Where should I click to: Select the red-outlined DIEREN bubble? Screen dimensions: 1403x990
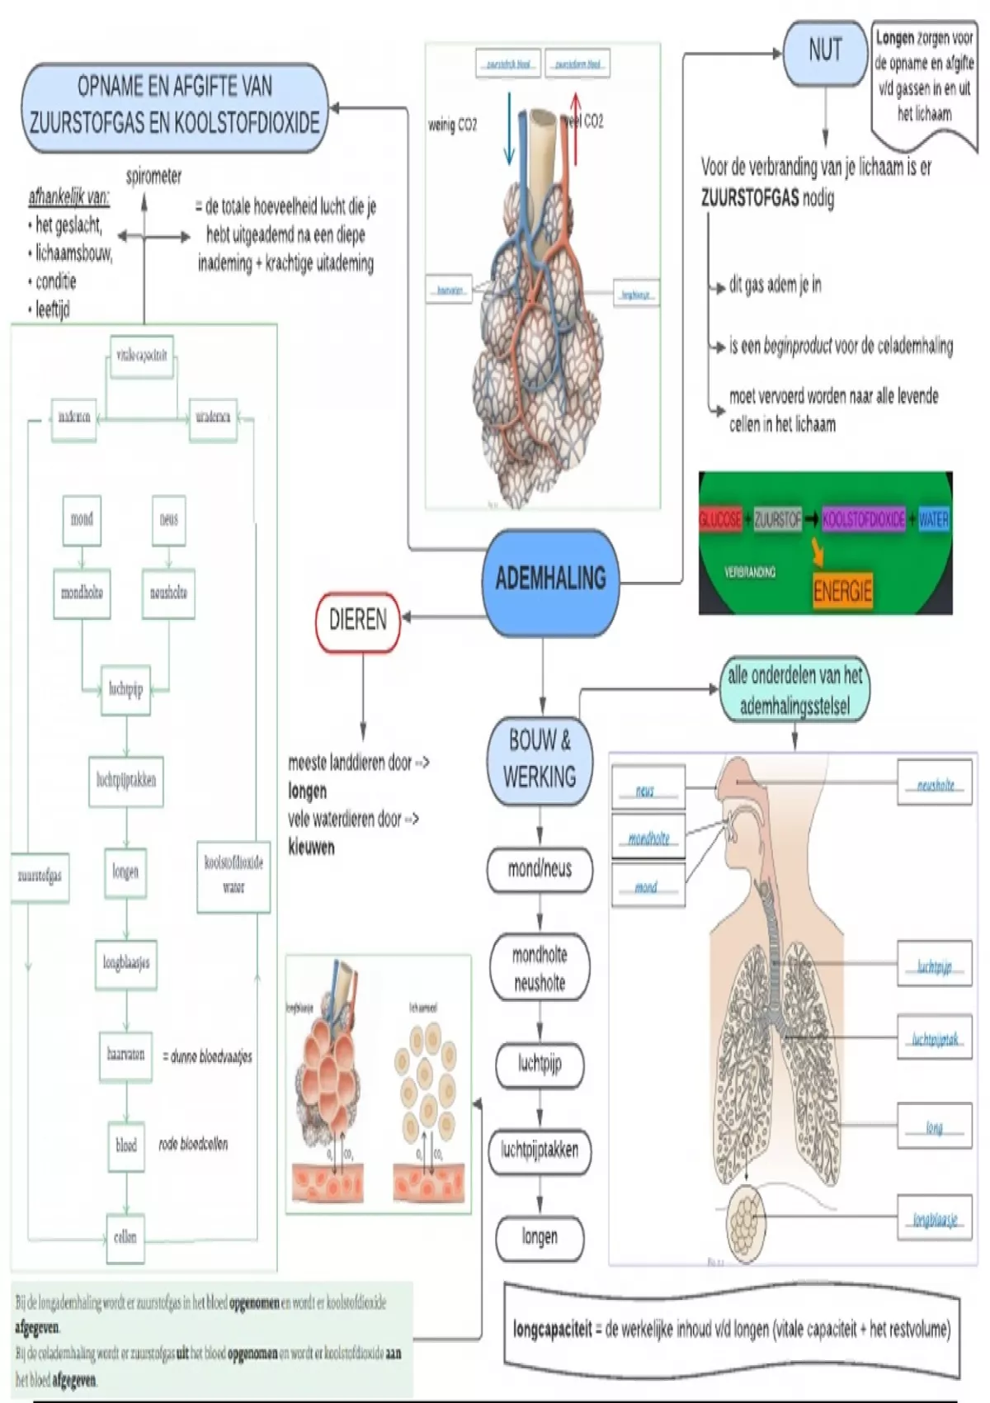tap(357, 621)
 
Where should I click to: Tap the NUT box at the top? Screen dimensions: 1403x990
tap(824, 52)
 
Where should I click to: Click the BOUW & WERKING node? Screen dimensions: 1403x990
tap(540, 759)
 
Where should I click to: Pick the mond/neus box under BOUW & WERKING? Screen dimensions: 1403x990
tap(540, 869)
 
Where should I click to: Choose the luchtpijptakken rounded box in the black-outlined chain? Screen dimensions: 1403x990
tap(540, 1150)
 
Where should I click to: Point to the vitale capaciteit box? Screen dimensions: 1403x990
tap(142, 356)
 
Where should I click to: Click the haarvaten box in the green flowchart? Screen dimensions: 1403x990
tap(125, 1055)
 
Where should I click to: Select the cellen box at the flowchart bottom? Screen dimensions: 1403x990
tap(125, 1237)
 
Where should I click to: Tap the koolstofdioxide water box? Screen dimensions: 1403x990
tap(233, 876)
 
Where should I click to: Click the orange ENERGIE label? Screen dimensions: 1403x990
tap(842, 591)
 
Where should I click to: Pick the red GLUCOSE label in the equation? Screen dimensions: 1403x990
tap(720, 519)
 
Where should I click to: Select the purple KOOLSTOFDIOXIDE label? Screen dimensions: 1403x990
tap(863, 519)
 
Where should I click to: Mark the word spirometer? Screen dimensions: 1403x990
tap(153, 177)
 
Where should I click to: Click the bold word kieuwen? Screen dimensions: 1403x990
tap(311, 848)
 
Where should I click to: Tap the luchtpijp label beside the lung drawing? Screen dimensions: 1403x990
tap(935, 966)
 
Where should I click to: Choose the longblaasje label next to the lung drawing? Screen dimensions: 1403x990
tap(935, 1220)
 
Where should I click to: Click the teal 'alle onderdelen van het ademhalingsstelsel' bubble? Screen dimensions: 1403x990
tap(794, 690)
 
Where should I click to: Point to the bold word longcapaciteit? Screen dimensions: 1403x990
tap(553, 1330)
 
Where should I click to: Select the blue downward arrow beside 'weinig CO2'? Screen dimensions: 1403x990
tap(509, 128)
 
